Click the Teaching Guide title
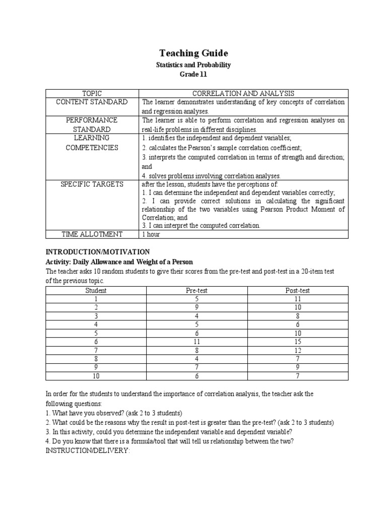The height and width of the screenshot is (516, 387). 193,53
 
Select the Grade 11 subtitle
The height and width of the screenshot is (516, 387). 193,74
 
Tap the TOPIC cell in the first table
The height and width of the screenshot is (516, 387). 91,93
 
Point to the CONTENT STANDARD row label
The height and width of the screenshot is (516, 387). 91,102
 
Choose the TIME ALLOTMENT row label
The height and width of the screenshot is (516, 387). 91,234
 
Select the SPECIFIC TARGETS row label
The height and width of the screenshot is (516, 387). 91,184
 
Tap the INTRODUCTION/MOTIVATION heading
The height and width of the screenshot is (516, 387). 98,251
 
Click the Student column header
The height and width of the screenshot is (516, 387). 96,290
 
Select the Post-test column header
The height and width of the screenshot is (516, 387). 297,290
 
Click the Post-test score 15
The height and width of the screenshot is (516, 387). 297,342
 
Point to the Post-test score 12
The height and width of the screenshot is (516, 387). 297,350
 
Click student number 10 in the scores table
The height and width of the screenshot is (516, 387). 96,376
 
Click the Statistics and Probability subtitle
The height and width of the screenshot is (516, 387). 193,64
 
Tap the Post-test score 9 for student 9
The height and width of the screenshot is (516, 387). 297,367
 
